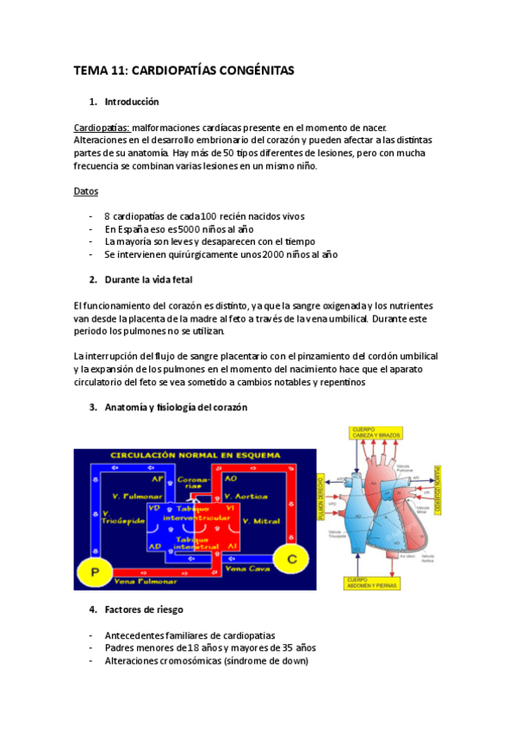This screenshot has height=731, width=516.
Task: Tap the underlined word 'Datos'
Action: (86, 191)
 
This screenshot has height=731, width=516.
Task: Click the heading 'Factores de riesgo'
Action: (143, 610)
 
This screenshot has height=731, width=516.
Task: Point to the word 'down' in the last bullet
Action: (294, 661)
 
